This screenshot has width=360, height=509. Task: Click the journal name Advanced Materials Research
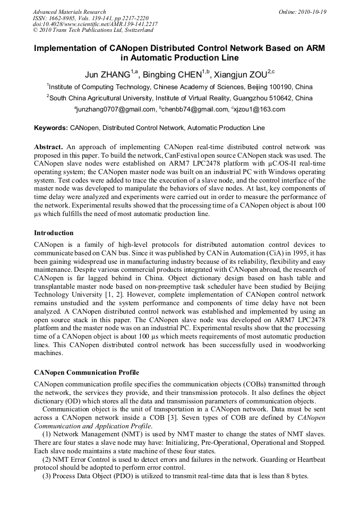tap(70, 12)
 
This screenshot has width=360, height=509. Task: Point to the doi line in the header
tap(95, 24)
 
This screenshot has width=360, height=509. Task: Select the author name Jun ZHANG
tap(108, 74)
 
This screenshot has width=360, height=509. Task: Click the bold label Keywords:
tap(51, 128)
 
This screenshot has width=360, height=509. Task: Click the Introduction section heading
tap(54, 233)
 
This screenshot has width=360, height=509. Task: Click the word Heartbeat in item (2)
tap(311, 460)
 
